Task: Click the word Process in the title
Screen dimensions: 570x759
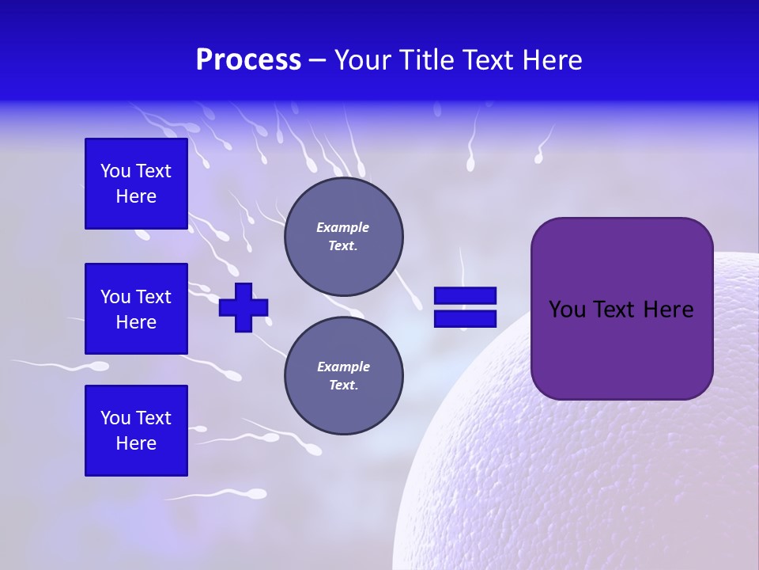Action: click(x=248, y=60)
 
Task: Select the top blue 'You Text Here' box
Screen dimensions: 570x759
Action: click(x=136, y=184)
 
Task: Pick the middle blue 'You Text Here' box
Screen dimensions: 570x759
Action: click(x=136, y=309)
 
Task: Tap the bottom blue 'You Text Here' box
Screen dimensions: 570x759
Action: click(x=136, y=430)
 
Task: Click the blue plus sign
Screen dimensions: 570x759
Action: click(x=244, y=307)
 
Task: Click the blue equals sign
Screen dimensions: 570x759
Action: click(x=465, y=307)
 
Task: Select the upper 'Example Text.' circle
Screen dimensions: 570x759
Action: click(x=343, y=237)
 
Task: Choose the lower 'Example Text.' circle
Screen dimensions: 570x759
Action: click(x=343, y=375)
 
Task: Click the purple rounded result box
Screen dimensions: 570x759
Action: click(x=621, y=309)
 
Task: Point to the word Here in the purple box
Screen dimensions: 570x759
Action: click(x=668, y=309)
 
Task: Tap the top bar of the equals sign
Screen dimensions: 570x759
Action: click(x=465, y=296)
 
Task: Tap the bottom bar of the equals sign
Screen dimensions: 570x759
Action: click(x=465, y=318)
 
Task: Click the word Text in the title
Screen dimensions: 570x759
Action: click(x=489, y=60)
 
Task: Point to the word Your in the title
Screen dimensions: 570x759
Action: click(x=361, y=60)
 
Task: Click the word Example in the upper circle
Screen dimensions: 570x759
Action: click(x=343, y=227)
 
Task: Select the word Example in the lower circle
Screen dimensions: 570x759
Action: click(x=343, y=367)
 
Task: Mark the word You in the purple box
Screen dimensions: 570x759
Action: click(x=567, y=309)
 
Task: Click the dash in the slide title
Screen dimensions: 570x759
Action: click(x=318, y=61)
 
